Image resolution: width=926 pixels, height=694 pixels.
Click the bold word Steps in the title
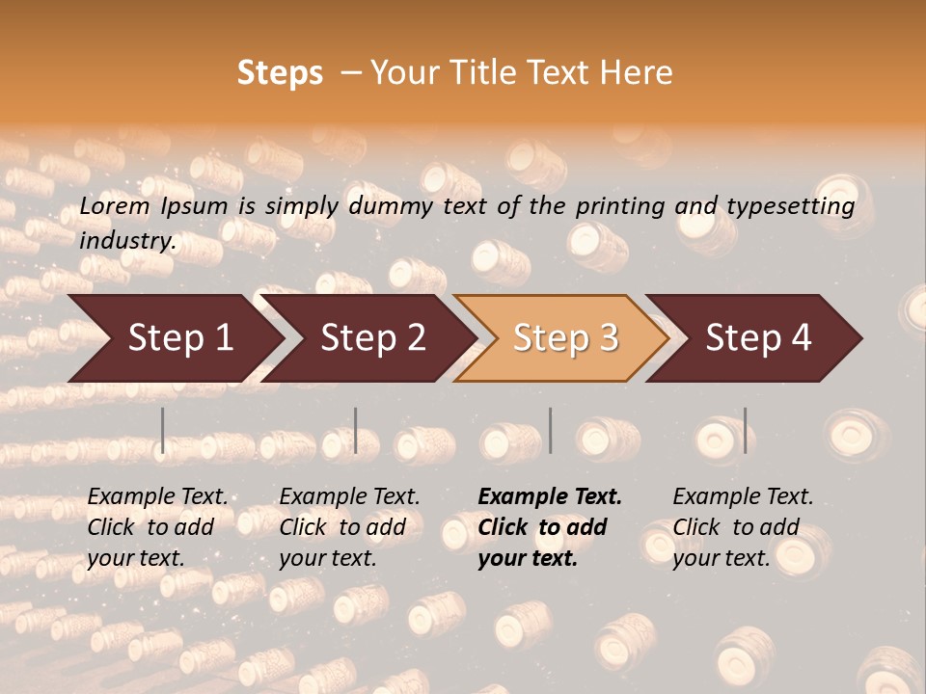point(280,73)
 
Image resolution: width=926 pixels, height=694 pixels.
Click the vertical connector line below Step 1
point(163,430)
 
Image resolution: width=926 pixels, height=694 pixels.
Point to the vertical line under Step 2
point(356,430)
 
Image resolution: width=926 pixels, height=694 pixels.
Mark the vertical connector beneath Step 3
point(550,430)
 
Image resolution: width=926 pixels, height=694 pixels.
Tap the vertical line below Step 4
point(745,430)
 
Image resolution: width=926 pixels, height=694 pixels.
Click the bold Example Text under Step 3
point(550,497)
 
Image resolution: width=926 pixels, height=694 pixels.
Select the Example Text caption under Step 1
point(157,497)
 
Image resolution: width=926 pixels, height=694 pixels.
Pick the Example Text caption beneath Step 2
point(349,497)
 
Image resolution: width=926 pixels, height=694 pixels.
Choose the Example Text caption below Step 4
point(743,497)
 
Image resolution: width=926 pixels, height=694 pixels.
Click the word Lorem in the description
point(114,206)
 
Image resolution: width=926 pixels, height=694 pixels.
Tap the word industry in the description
point(126,240)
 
